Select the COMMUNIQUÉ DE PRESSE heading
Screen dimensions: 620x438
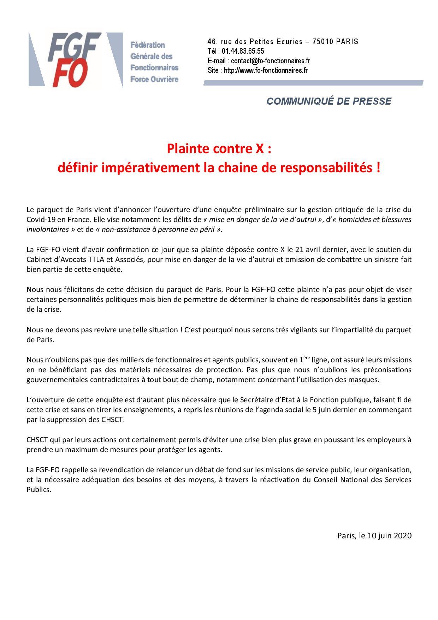(x=328, y=101)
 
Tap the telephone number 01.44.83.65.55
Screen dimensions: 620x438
(x=243, y=51)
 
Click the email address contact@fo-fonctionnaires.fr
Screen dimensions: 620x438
(x=270, y=61)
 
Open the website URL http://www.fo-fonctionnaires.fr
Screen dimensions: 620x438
(x=266, y=70)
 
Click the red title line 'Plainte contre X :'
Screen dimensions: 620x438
(x=219, y=149)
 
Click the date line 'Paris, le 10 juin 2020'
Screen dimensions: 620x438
(x=374, y=536)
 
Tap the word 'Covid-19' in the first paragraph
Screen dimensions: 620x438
(x=40, y=220)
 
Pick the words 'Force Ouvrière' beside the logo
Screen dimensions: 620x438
(x=154, y=79)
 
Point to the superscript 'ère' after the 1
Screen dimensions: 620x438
(x=307, y=358)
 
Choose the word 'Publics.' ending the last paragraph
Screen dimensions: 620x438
(x=39, y=490)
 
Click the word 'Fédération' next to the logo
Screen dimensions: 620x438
(x=148, y=45)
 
